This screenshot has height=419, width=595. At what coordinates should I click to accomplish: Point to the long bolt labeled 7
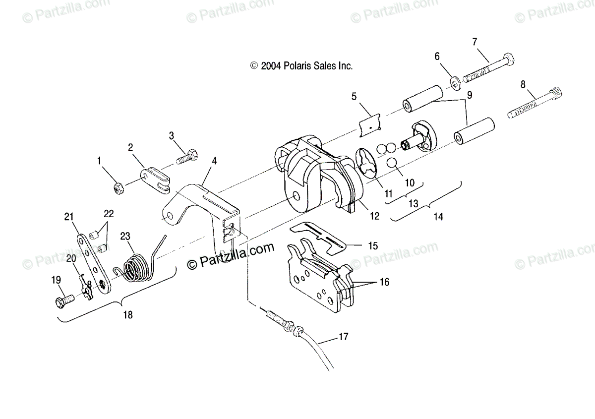click(x=488, y=69)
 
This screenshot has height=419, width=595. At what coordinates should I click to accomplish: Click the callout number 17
click(x=343, y=337)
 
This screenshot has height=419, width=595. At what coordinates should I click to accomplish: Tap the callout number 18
click(x=128, y=314)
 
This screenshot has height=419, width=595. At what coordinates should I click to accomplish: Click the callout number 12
click(x=374, y=216)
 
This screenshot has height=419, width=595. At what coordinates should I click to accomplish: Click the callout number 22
click(x=109, y=214)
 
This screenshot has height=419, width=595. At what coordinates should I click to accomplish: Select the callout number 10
click(x=410, y=182)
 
